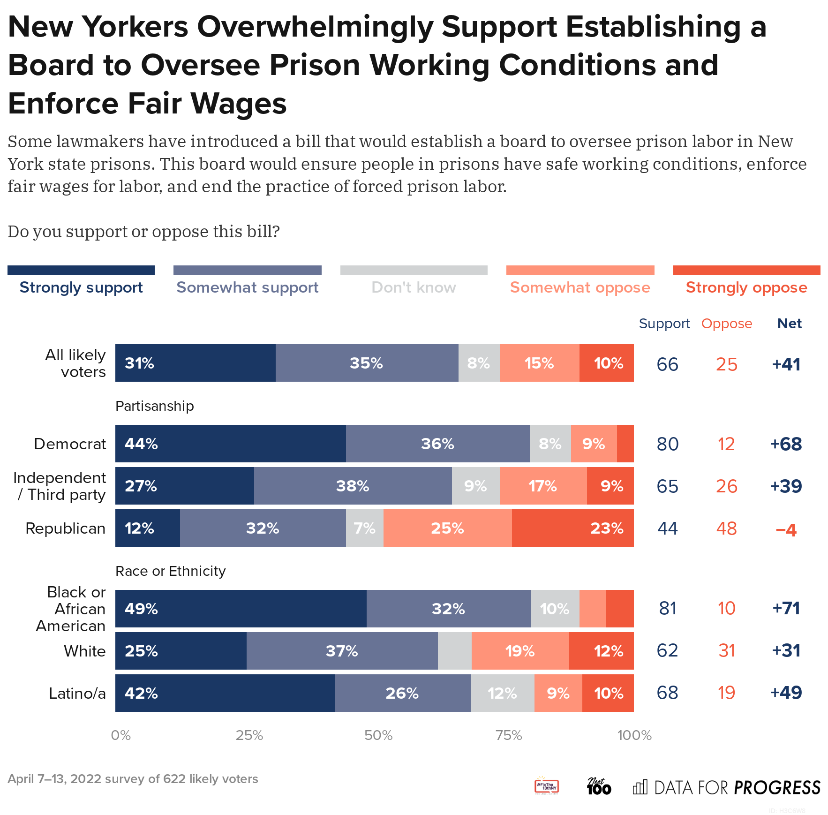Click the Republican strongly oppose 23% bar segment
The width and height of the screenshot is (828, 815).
(x=572, y=528)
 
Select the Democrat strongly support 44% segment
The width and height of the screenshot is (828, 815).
(x=230, y=444)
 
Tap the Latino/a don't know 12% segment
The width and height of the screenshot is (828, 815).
(x=502, y=693)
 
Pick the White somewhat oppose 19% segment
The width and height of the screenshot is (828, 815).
(x=520, y=651)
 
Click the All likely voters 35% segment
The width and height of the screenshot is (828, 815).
(x=367, y=363)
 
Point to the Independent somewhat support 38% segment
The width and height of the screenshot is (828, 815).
(x=353, y=486)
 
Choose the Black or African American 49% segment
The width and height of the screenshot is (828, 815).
(x=241, y=609)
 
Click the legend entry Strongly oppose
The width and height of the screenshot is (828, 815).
(x=746, y=287)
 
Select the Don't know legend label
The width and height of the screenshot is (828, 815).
(x=414, y=287)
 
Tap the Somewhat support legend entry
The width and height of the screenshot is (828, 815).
(x=247, y=287)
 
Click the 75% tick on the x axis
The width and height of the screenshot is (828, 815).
(x=509, y=735)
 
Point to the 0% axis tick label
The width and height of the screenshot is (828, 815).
(x=120, y=735)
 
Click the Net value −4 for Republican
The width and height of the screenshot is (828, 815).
(x=786, y=529)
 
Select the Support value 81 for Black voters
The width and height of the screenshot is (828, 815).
(x=668, y=608)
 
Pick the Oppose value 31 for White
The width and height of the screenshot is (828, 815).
(x=726, y=650)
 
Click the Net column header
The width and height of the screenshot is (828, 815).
(x=789, y=324)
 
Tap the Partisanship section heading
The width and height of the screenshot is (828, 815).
(x=154, y=406)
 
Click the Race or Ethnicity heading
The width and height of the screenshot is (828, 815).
(x=170, y=571)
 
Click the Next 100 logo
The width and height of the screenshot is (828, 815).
(x=599, y=786)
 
